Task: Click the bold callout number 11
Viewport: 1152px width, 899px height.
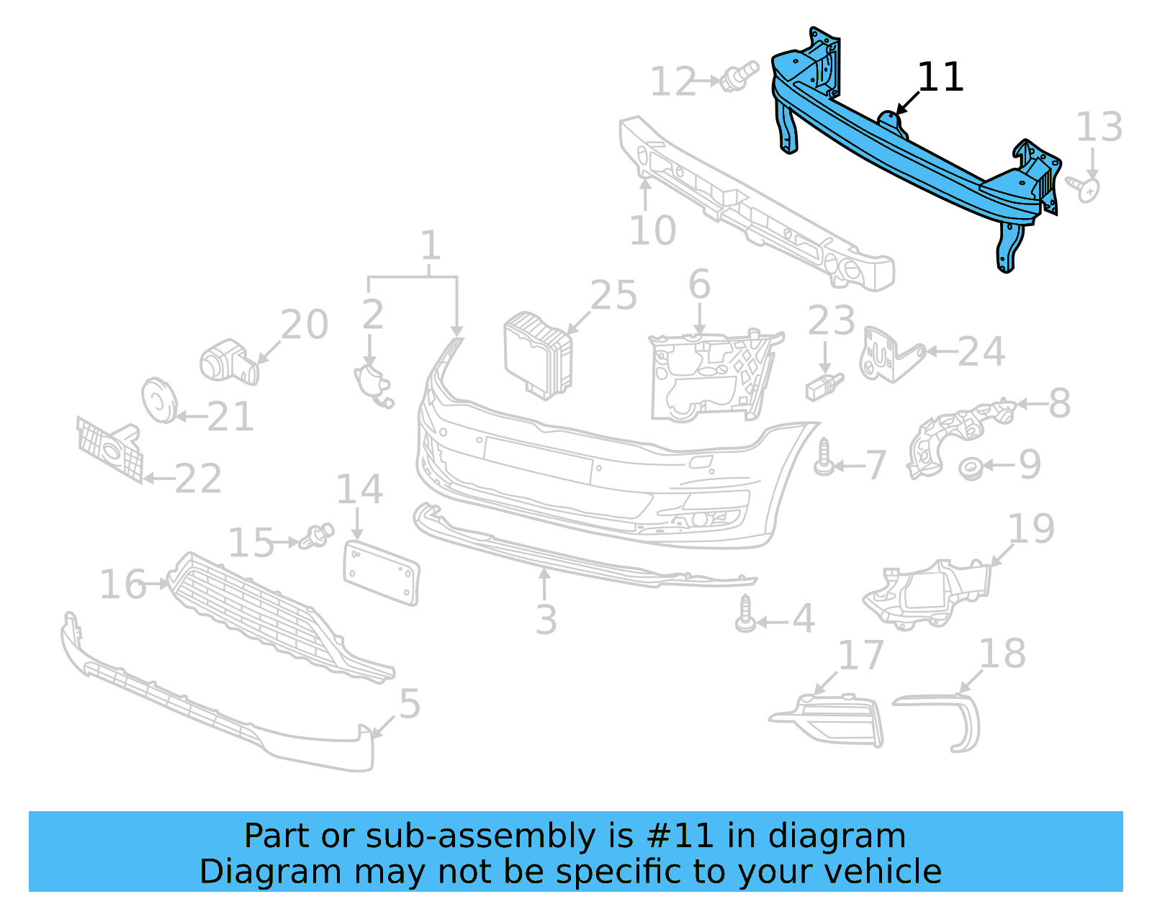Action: tap(940, 77)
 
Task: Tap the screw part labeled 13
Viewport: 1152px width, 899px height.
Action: tap(1084, 189)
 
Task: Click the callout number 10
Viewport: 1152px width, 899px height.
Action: tap(652, 231)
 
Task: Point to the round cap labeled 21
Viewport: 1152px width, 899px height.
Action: tap(158, 400)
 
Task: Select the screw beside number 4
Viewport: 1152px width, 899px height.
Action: tap(746, 614)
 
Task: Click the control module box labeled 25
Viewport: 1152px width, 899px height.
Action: tap(537, 354)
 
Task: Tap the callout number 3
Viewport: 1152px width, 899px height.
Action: tap(546, 620)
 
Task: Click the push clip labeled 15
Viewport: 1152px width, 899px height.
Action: tap(318, 536)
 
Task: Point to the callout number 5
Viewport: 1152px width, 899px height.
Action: tap(409, 704)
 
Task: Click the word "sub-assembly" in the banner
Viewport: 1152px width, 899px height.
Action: tap(480, 836)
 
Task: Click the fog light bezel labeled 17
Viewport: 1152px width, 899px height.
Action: tap(835, 720)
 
